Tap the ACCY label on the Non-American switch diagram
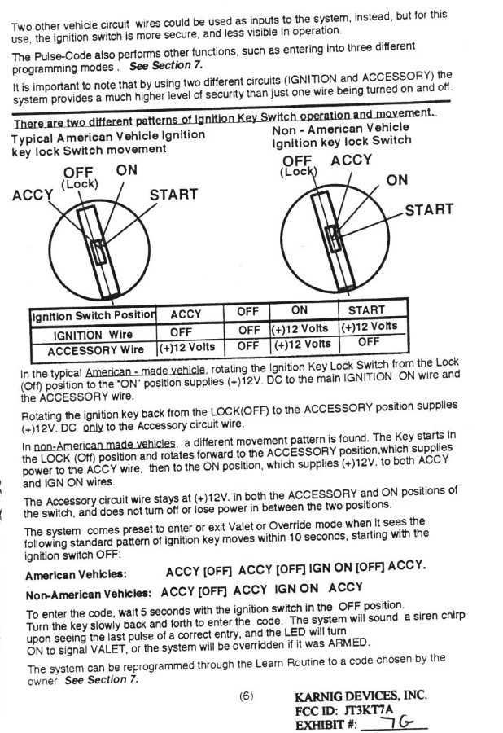[x=352, y=159]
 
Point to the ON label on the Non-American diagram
[x=397, y=180]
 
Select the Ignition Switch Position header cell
[x=92, y=316]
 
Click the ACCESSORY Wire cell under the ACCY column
[x=186, y=348]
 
